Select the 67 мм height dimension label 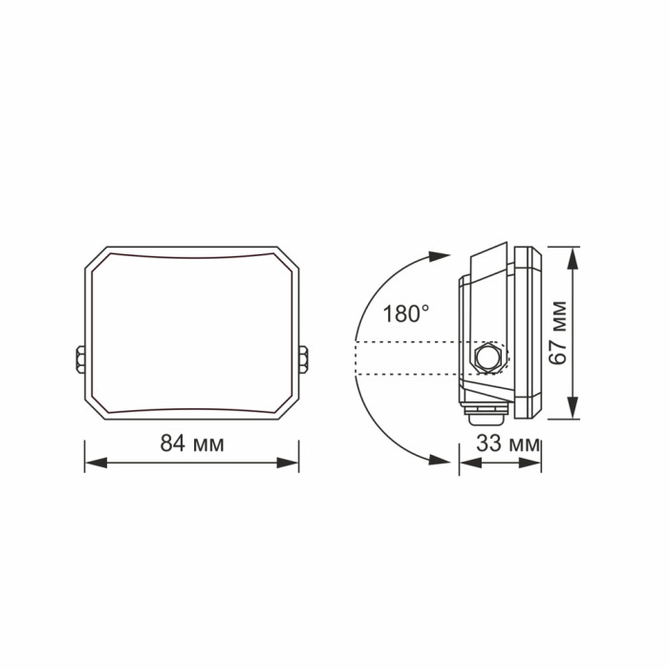pyautogui.click(x=559, y=331)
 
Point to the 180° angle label pyautogui.click(x=406, y=313)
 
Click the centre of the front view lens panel pyautogui.click(x=191, y=333)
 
